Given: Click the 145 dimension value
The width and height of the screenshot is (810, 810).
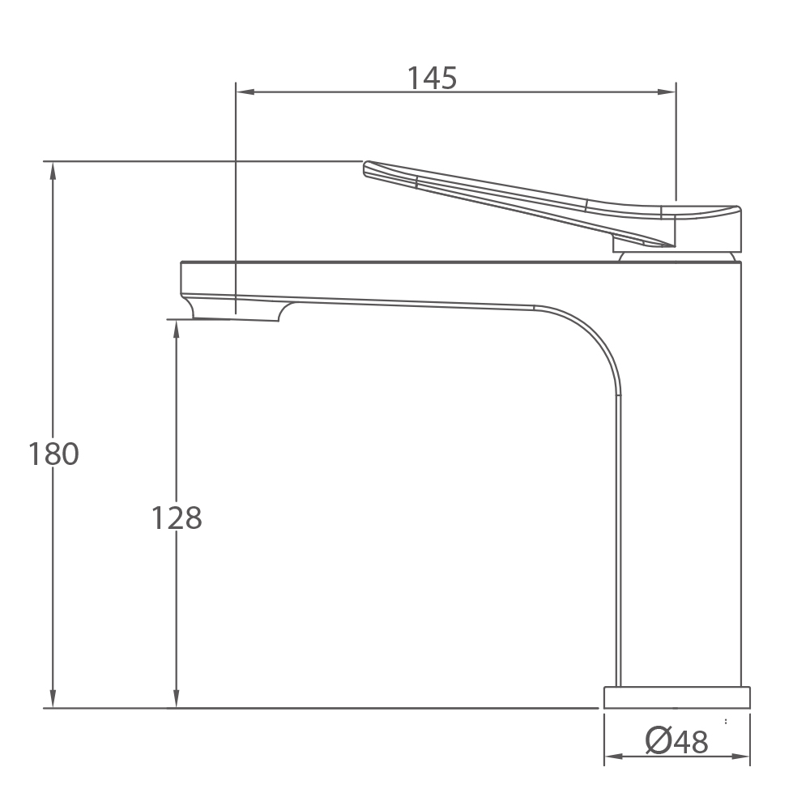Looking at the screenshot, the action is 432,78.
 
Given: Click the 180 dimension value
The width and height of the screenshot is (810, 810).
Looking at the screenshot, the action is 53,454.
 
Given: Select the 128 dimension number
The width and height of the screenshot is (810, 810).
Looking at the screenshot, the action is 176,518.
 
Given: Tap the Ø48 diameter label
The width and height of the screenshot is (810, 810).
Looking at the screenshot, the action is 676,741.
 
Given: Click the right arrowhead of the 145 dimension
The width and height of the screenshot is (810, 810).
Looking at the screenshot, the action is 667,92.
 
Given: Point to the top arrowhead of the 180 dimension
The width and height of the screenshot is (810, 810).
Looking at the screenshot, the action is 53,171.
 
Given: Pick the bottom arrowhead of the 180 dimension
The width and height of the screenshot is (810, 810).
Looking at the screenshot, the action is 53,698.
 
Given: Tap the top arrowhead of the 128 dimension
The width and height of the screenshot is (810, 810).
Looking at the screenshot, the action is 176,329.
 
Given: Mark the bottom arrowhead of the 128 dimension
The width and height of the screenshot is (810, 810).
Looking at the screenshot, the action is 176,698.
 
